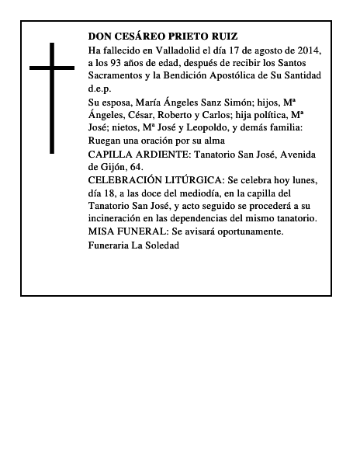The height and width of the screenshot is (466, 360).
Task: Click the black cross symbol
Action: click(52, 97)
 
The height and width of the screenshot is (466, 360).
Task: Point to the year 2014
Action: click(306, 50)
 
